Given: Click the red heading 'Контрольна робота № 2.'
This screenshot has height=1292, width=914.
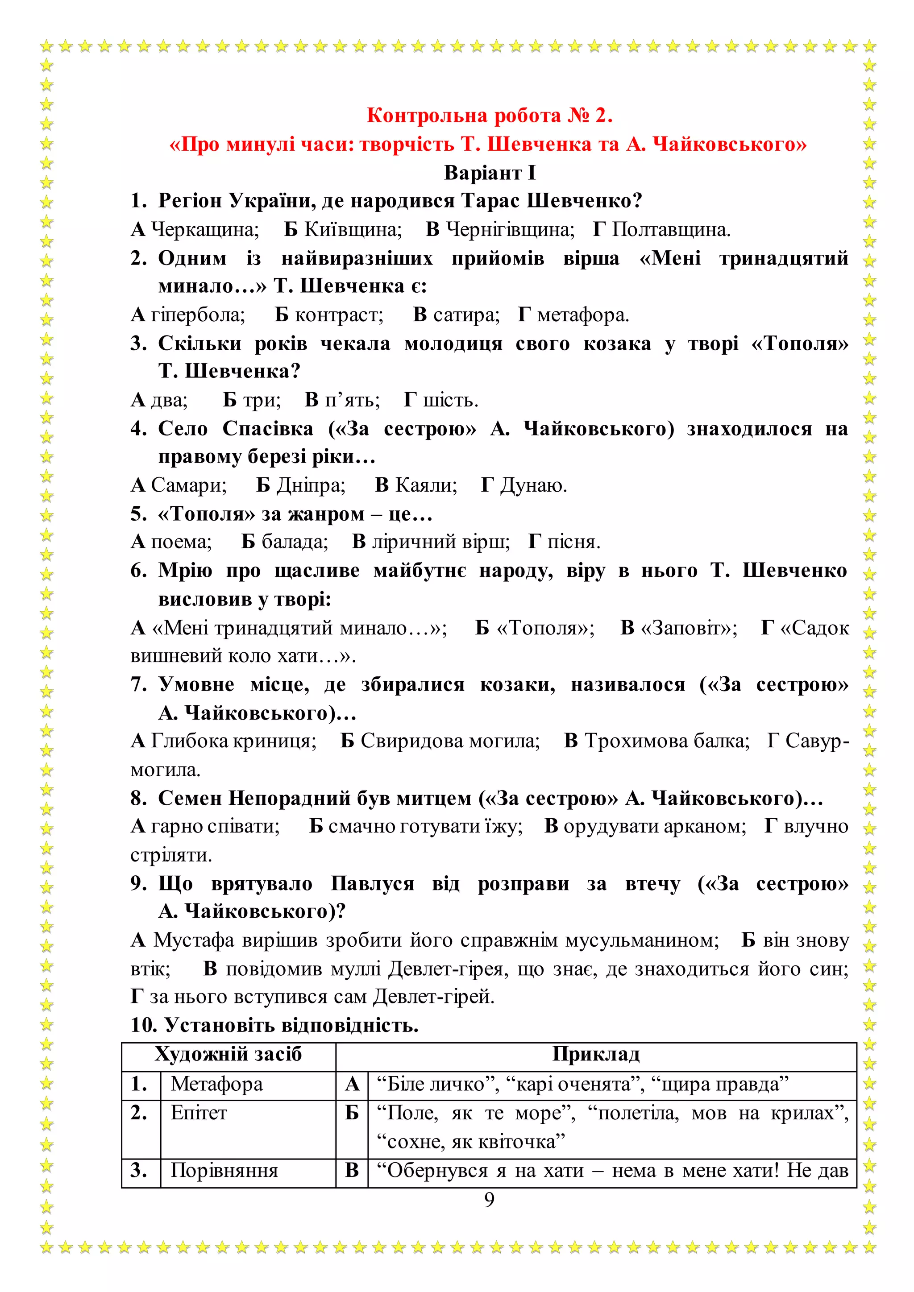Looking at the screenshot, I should click(489, 116).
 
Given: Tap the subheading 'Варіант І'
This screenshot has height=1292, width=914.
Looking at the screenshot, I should click(489, 172).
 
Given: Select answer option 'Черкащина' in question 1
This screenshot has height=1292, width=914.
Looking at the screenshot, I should click(204, 230).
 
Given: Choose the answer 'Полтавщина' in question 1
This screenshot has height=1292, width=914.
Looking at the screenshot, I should click(670, 230).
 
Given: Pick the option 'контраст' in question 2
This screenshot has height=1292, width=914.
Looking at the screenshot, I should click(339, 315).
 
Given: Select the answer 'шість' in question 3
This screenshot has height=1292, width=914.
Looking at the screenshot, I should click(450, 400).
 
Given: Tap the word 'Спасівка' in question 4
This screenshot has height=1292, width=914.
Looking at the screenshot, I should click(268, 429).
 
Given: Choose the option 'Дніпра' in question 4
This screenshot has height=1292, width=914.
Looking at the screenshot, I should click(310, 485).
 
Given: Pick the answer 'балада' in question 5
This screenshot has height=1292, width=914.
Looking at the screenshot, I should click(295, 542).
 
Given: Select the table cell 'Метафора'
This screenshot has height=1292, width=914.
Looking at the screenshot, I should click(217, 1084).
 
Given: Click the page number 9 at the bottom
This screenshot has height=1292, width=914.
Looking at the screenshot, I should click(489, 1200).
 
